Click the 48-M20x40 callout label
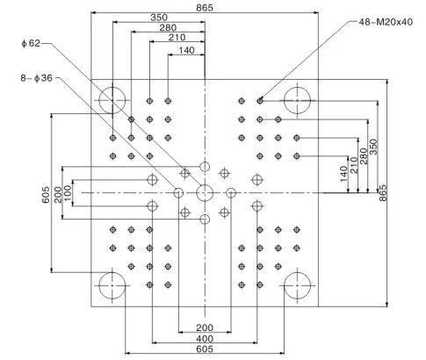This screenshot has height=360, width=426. tap(386, 22)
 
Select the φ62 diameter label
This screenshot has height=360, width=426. tap(31, 43)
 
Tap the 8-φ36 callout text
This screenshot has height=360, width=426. tap(36, 78)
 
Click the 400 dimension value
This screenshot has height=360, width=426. tap(205, 339)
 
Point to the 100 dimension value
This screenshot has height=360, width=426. tap(68, 193)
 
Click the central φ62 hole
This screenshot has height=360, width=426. tap(205, 193)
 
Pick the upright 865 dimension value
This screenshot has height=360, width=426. tap(205, 8)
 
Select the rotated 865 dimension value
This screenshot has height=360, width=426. tap(383, 193)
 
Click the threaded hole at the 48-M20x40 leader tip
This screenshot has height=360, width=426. tap(260, 101)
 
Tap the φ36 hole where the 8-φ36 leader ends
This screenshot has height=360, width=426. tap(178, 193)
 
